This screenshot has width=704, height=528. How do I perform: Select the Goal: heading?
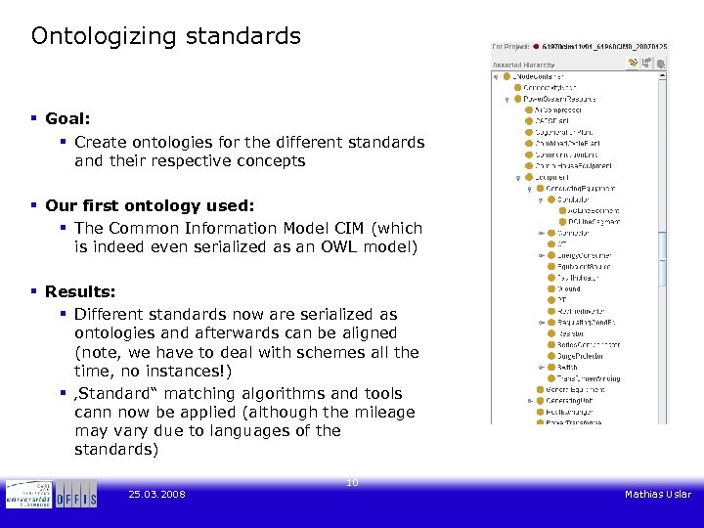coord(67,118)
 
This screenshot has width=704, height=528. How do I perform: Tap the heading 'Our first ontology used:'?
coord(149,205)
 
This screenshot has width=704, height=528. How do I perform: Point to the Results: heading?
coord(79,291)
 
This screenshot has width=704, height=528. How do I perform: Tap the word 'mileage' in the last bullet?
coord(382,412)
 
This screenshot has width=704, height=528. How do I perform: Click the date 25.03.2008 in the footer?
coord(156,495)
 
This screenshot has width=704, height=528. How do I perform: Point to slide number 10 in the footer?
coord(352,482)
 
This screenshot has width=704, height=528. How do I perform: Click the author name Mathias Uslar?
coord(657,495)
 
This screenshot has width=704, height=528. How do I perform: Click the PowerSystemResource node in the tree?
coord(558,99)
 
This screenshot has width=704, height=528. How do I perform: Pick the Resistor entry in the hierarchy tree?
coord(571,333)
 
